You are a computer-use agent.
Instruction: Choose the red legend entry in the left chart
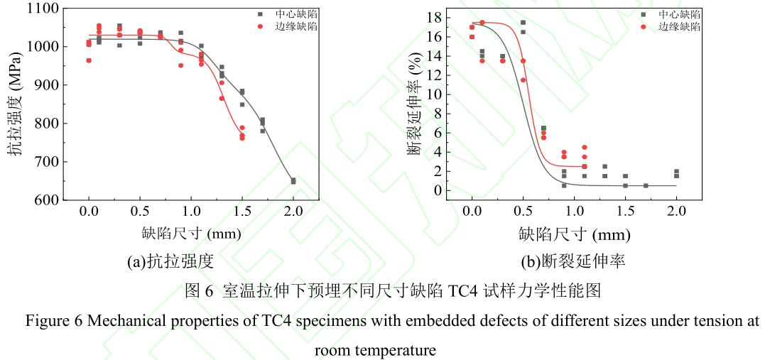293,26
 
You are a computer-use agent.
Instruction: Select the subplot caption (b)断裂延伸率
573,262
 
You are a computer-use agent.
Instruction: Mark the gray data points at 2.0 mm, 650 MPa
293,181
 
